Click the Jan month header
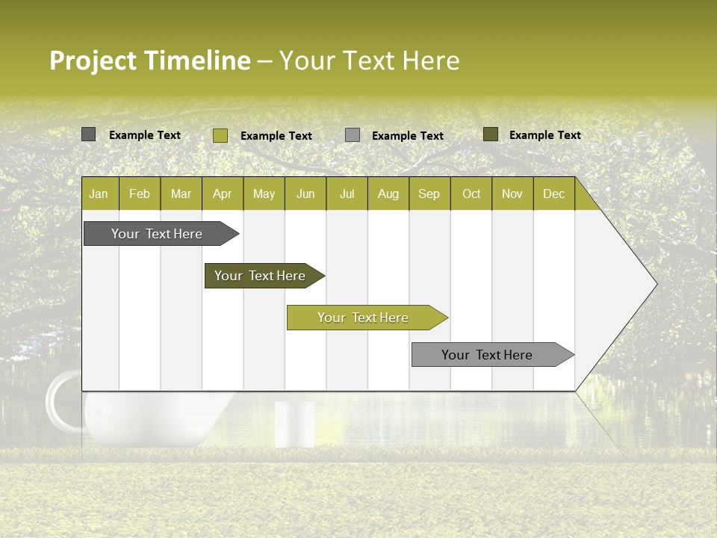click(x=99, y=194)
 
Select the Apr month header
click(x=222, y=194)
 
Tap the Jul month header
click(x=347, y=194)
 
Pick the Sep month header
click(x=429, y=194)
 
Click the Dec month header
click(x=553, y=194)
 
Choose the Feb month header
click(x=140, y=194)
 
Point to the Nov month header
click(x=512, y=194)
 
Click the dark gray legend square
click(x=88, y=134)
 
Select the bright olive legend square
click(x=220, y=135)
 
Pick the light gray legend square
click(x=353, y=135)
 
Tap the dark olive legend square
click(x=490, y=134)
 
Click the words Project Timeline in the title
click(x=149, y=61)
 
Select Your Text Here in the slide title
click(x=369, y=61)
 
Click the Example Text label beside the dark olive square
click(x=544, y=135)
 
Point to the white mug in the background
click(x=294, y=424)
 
